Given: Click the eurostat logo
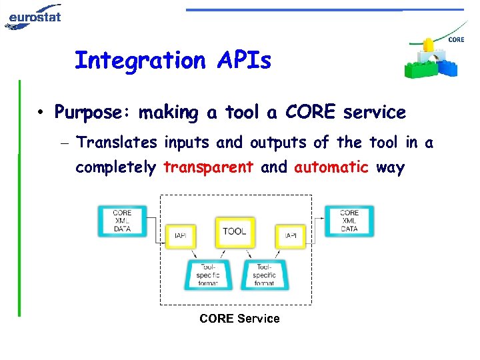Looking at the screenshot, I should click(x=33, y=16).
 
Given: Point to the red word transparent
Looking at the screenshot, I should click(x=208, y=167).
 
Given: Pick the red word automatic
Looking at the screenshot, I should click(x=331, y=167).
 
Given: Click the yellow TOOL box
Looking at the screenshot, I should click(x=235, y=232).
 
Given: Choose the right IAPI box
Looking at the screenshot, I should click(x=291, y=235).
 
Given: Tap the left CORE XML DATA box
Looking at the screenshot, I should click(x=122, y=221).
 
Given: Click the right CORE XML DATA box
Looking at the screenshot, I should click(x=349, y=221).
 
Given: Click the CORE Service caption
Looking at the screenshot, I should click(x=239, y=319).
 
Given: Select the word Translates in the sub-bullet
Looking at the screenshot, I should click(x=117, y=143).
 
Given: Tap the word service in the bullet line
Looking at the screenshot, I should click(x=374, y=113).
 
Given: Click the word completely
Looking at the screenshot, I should click(x=115, y=167).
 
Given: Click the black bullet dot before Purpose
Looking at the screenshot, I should click(x=41, y=113).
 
